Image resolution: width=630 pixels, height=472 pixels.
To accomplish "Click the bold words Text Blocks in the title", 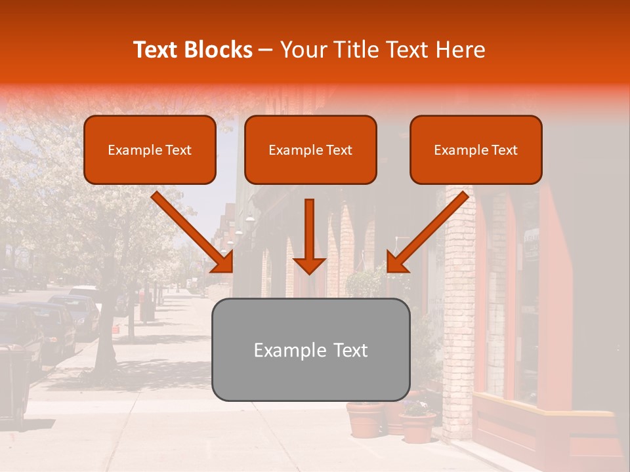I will click(192, 50).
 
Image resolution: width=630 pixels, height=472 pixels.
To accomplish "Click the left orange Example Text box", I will click(150, 150).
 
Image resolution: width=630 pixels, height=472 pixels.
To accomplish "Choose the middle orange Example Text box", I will click(310, 150).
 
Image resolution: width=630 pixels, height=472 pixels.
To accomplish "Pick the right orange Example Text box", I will click(476, 150).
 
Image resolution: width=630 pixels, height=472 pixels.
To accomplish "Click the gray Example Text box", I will click(310, 349).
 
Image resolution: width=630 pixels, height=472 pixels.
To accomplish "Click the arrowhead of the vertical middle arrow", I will click(309, 265).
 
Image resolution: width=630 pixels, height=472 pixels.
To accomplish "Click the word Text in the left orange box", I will click(178, 150).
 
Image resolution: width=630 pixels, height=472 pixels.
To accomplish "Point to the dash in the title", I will click(266, 50).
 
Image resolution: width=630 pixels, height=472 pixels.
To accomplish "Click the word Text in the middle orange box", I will click(339, 150).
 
